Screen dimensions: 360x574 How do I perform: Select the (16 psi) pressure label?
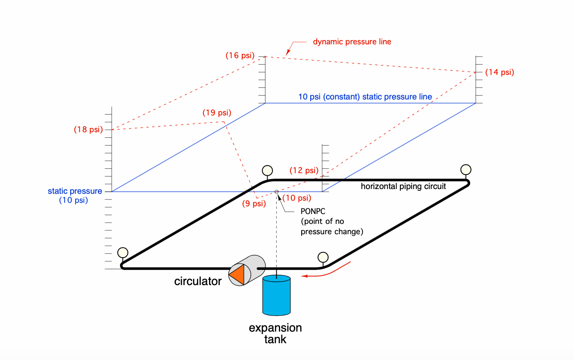pyautogui.click(x=240, y=56)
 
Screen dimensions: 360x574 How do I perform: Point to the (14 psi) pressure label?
pyautogui.click(x=499, y=72)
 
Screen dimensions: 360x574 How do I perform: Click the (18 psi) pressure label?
pyautogui.click(x=88, y=129)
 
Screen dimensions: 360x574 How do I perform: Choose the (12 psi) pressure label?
pyautogui.click(x=304, y=170)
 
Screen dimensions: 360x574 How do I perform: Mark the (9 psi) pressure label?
pyautogui.click(x=253, y=204)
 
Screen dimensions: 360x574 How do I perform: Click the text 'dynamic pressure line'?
pyautogui.click(x=352, y=42)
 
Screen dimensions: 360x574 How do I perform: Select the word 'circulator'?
pyautogui.click(x=198, y=282)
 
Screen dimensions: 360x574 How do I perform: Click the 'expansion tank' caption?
pyautogui.click(x=275, y=333)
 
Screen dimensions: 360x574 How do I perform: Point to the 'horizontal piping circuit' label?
pyautogui.click(x=403, y=186)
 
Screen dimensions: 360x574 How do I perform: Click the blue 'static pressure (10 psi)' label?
pyautogui.click(x=75, y=196)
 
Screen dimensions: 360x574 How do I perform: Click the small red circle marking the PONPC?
pyautogui.click(x=276, y=192)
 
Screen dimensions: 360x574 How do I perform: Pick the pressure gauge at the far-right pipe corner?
pyautogui.click(x=466, y=169)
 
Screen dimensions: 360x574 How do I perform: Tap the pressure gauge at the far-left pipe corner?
pyautogui.click(x=122, y=252)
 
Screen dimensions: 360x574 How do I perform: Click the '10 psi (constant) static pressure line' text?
pyautogui.click(x=365, y=97)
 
